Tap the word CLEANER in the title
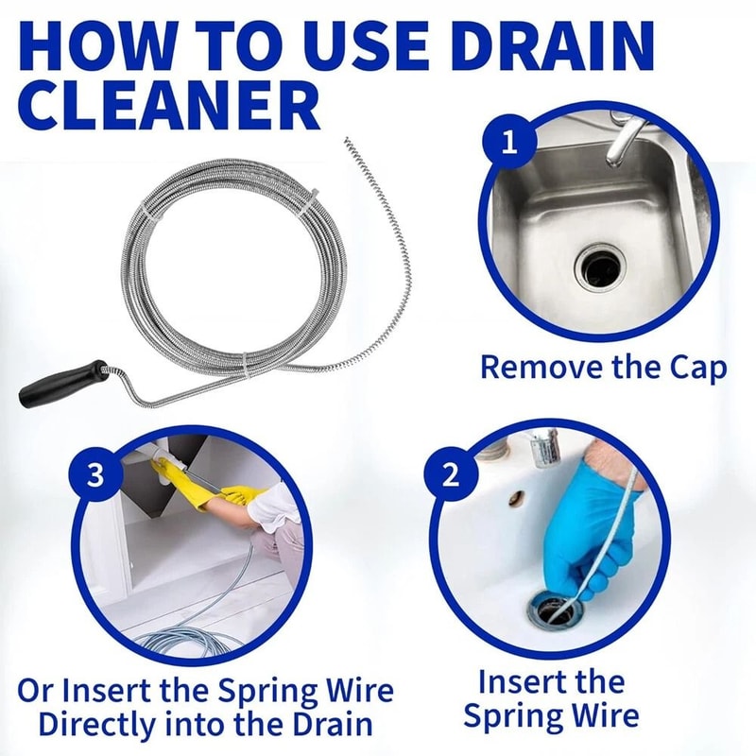pos(168,105)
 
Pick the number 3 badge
pos(94,475)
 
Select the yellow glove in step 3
pos(227,496)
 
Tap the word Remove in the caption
pos(532,367)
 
